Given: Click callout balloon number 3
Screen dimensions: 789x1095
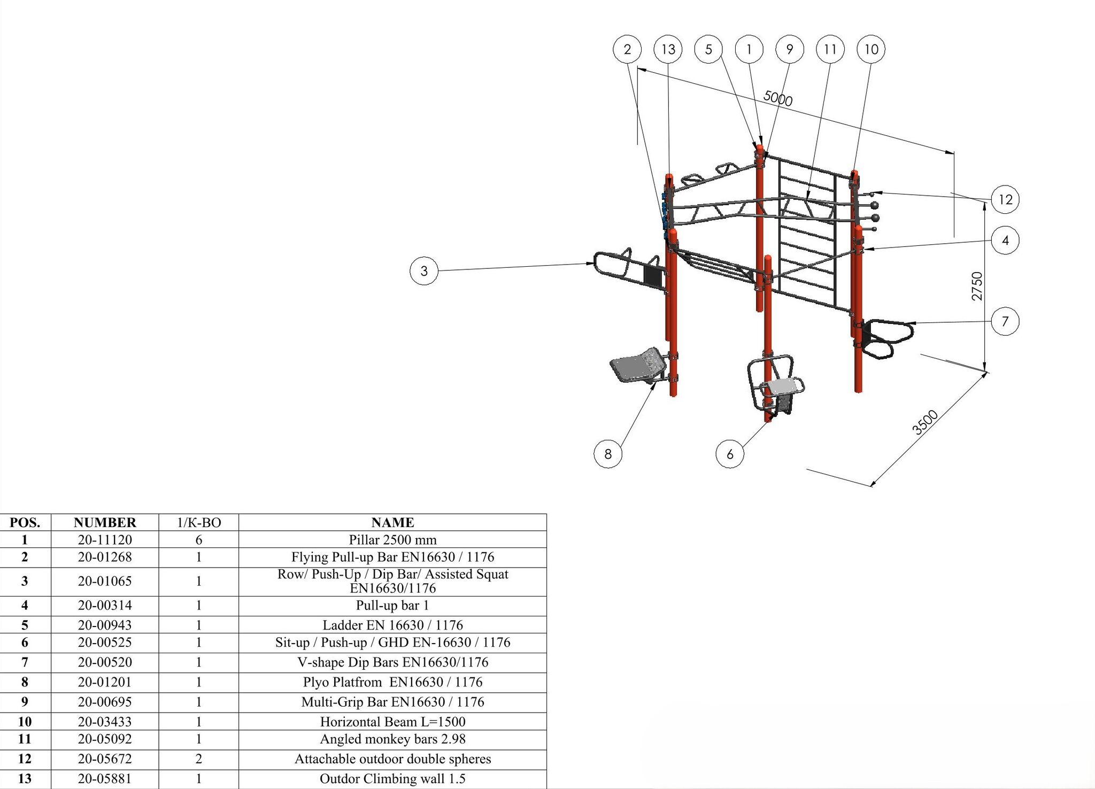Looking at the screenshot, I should [423, 270].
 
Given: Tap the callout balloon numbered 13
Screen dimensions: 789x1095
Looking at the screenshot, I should [668, 49].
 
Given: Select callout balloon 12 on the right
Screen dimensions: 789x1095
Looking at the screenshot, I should [1005, 199].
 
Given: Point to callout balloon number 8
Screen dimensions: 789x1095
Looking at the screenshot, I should [608, 454].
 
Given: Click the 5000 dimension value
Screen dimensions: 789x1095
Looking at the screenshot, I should [777, 98].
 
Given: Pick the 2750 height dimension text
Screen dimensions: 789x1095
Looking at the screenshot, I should [977, 286].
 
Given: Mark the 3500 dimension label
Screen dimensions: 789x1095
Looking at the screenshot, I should [925, 422].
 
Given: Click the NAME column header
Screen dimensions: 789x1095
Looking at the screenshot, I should [392, 522].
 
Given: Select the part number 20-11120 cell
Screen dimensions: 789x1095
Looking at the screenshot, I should [105, 540].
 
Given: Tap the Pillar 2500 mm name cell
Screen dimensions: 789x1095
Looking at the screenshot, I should [392, 540].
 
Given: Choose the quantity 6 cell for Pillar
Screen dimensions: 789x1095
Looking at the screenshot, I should [199, 540].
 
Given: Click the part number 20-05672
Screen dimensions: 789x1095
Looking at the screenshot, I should [105, 759].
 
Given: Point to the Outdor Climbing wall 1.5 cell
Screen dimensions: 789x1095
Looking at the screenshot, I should [392, 779].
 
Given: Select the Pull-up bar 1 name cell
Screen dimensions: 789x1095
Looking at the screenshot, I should [392, 606].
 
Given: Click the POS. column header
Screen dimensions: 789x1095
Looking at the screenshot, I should [25, 522].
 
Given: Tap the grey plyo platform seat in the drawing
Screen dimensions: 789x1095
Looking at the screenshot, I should [638, 366].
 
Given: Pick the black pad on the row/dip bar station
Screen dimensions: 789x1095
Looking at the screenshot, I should [653, 275].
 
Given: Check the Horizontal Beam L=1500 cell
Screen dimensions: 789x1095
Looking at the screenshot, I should [392, 722].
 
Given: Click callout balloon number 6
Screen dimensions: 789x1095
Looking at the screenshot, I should [730, 454].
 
